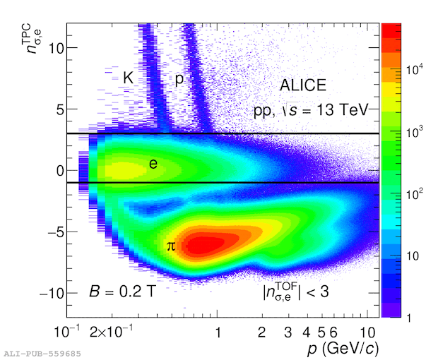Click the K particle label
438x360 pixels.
(128, 78)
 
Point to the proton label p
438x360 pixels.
(179, 79)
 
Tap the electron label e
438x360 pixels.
(153, 164)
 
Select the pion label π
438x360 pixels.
(171, 246)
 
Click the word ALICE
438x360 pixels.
(303, 85)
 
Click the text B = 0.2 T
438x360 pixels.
(122, 292)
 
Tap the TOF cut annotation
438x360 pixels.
(295, 292)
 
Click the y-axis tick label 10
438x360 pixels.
(56, 48)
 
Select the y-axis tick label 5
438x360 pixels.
(60, 109)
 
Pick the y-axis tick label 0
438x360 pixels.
(60, 171)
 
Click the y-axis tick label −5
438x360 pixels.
(56, 232)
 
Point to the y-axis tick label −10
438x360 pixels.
(52, 294)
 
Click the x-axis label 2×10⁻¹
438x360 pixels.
(111, 331)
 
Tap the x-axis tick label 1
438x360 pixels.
(218, 332)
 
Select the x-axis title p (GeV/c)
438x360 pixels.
(343, 349)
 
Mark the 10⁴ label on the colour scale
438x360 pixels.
(415, 69)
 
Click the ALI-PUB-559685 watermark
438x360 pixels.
(42, 354)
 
